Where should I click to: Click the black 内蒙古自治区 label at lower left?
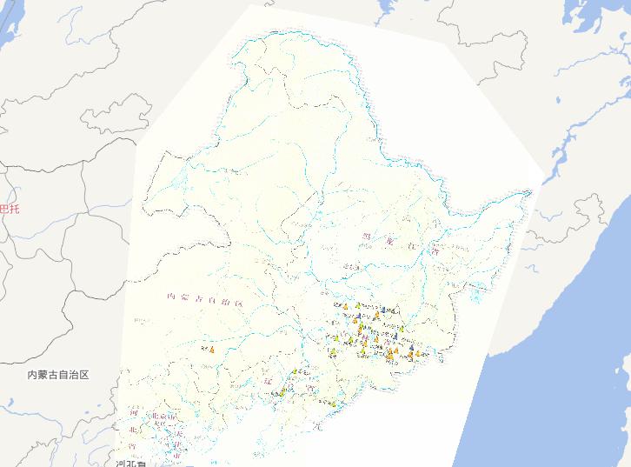(x=58, y=375)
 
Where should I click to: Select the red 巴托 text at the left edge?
(x=8, y=209)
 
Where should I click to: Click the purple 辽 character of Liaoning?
(x=269, y=381)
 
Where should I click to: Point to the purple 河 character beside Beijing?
(x=134, y=412)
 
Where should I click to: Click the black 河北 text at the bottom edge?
(x=130, y=463)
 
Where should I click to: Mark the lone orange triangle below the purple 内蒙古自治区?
(x=211, y=350)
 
